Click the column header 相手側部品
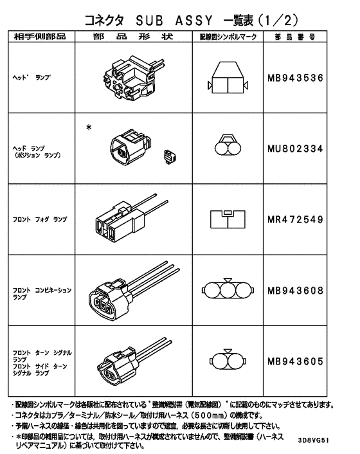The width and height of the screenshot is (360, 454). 40,37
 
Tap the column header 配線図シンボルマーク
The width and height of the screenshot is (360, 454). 229,37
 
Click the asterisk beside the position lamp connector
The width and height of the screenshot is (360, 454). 89,127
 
